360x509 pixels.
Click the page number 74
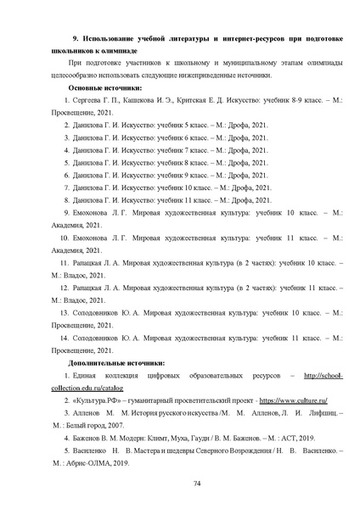coord(196,483)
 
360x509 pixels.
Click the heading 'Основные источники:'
coord(104,88)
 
